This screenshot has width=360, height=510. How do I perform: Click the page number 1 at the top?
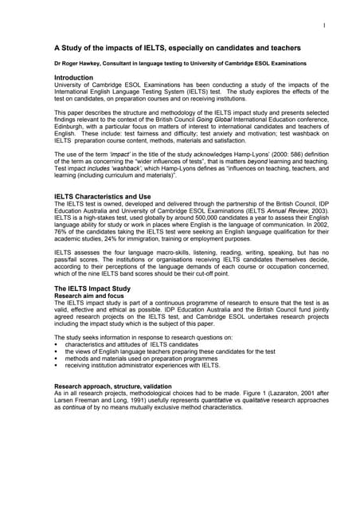coord(324,26)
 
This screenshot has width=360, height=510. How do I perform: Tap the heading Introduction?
coord(76,77)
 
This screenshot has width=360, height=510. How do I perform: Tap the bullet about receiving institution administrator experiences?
coord(143,365)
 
